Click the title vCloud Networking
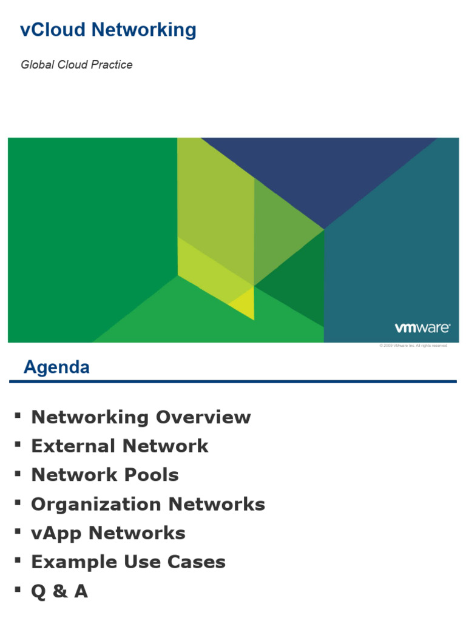pos(108,30)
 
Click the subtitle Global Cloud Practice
pos(76,65)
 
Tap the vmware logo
pos(422,328)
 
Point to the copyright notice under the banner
pos(413,346)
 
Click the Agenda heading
pos(56,367)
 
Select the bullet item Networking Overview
pos(141,417)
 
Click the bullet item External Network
pos(120,446)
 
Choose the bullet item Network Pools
pos(105,475)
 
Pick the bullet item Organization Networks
pos(148,504)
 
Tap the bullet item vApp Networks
pos(108,533)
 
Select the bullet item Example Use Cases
pos(128,562)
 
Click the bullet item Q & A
pos(59,591)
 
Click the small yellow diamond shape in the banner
pos(243,301)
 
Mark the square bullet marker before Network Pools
pos(17,472)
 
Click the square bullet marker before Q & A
pos(17,589)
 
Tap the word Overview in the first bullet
pos(203,417)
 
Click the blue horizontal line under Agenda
pos(233,381)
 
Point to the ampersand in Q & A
pos(59,591)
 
